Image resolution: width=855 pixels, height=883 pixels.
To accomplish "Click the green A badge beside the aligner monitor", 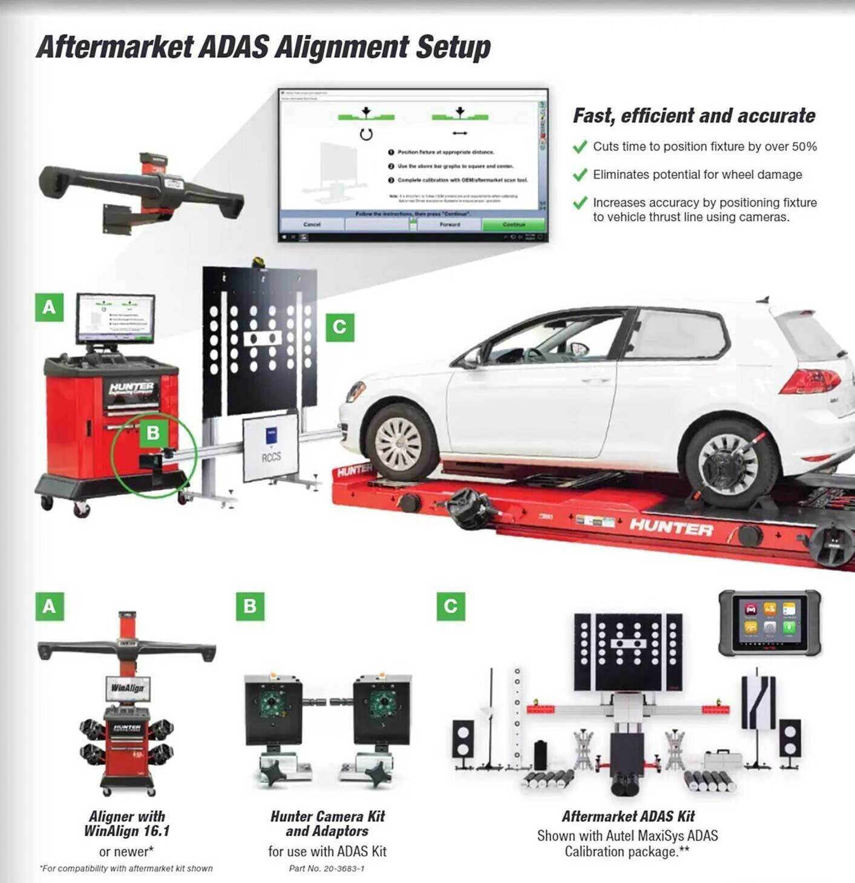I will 49,307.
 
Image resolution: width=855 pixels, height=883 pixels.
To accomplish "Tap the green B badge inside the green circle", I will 152,432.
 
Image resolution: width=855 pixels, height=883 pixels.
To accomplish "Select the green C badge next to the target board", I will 339,327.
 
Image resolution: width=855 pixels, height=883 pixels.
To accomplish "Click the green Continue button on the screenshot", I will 513,224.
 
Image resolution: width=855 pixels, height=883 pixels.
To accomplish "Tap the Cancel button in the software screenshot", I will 312,224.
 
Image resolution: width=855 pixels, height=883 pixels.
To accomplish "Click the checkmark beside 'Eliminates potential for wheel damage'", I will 580,175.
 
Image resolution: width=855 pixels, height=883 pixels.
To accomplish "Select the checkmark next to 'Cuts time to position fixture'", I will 580,147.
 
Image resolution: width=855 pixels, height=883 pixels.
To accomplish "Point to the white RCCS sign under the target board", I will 271,449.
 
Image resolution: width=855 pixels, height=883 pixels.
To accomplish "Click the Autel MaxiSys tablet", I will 769,623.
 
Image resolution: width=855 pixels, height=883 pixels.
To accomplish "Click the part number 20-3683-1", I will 327,868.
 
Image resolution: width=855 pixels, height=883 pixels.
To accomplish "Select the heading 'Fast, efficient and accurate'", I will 694,116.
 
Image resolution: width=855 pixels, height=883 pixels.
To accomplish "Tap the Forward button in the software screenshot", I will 450,224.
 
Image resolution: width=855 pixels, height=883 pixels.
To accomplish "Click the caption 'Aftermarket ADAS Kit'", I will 628,816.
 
